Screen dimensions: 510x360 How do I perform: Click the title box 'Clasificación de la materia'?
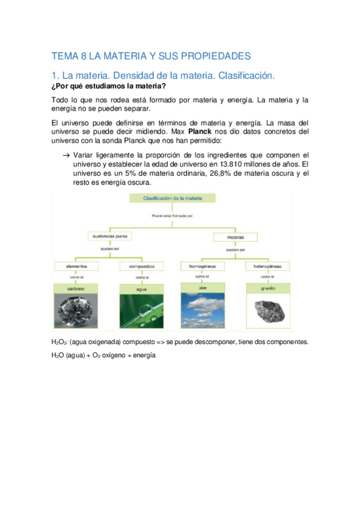click(x=172, y=198)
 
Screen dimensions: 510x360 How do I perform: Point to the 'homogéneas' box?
click(x=203, y=266)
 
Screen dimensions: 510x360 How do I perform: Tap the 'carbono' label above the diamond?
click(x=75, y=289)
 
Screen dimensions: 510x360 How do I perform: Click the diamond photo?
click(x=75, y=311)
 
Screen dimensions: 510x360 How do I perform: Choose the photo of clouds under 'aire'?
click(x=203, y=311)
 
